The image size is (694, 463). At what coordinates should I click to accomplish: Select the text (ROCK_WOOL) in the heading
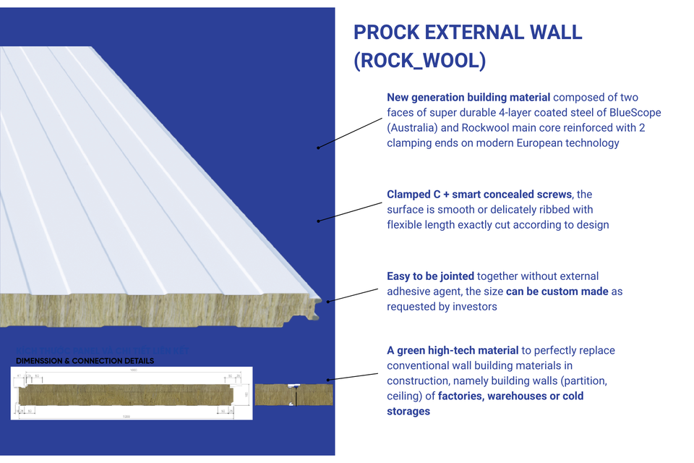click(x=419, y=61)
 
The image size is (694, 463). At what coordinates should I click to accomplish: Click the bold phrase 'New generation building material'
click(x=468, y=97)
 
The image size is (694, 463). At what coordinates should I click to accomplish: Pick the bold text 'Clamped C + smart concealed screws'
click(x=479, y=195)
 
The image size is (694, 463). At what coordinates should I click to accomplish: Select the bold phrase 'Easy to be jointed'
click(x=431, y=276)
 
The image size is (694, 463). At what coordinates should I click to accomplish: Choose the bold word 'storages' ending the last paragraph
click(x=408, y=412)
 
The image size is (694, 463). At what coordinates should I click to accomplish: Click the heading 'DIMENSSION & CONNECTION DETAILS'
click(x=85, y=360)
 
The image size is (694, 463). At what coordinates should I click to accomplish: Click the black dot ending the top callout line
click(x=318, y=148)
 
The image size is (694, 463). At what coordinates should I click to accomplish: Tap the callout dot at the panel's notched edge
click(x=328, y=301)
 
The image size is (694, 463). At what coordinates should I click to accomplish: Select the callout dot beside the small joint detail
click(x=328, y=379)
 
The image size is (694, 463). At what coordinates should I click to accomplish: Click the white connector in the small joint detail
click(x=294, y=394)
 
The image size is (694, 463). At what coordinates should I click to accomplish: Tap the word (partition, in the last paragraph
click(x=579, y=381)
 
